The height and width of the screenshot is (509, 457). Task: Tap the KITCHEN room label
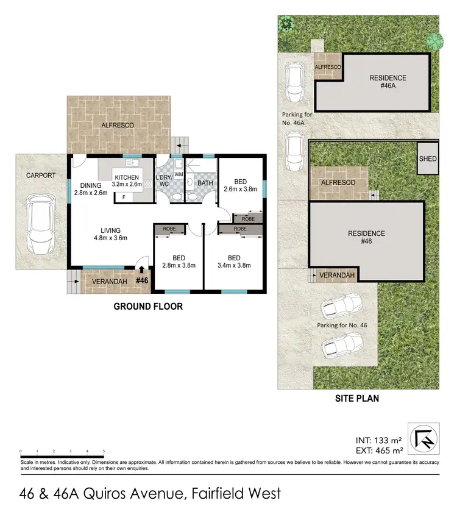[127, 177]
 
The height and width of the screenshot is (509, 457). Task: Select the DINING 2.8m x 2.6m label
[90, 189]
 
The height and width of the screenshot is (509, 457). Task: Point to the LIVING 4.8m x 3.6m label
[110, 234]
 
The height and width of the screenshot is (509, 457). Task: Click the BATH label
[205, 182]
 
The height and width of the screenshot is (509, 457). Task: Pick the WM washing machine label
[179, 174]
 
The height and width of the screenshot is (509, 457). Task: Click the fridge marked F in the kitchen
[124, 197]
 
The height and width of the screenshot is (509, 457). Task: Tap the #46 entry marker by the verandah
[143, 280]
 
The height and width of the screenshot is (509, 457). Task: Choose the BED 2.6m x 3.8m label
[241, 185]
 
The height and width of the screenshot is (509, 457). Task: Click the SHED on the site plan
[428, 159]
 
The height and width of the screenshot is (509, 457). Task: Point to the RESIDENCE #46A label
[388, 82]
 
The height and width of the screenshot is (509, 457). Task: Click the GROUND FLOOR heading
[148, 307]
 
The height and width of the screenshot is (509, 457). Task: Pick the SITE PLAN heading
[358, 399]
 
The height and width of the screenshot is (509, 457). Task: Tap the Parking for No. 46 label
[342, 326]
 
